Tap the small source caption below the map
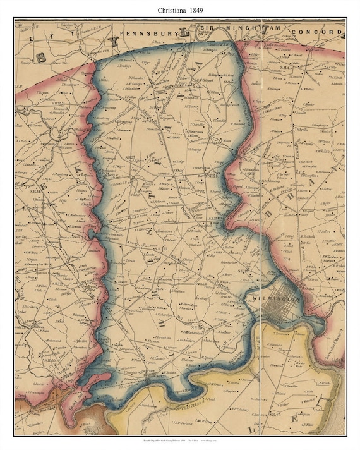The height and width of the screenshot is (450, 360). click(179, 439)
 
